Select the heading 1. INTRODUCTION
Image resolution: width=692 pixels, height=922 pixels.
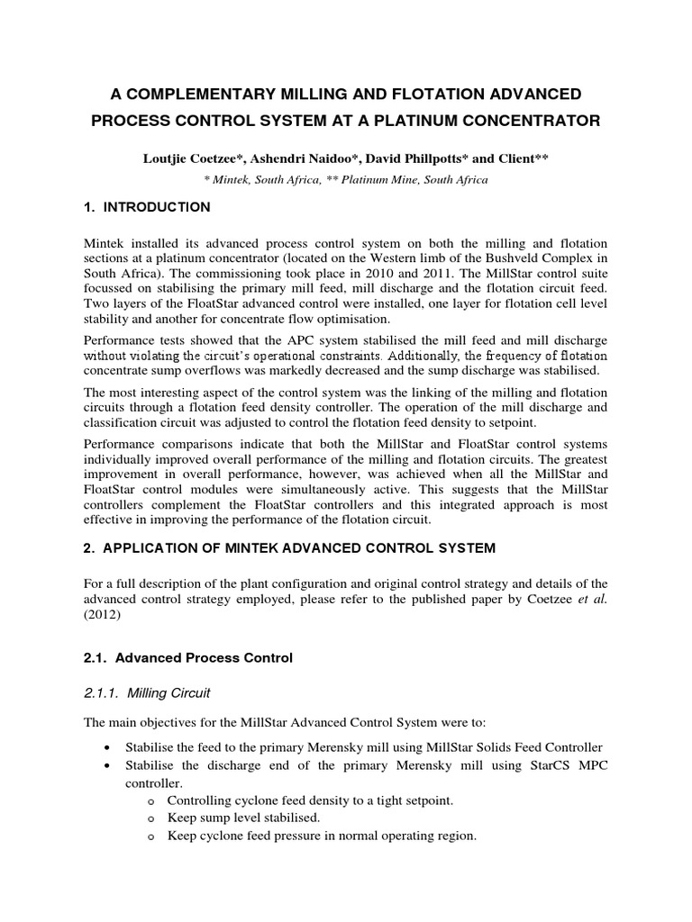coord(147,207)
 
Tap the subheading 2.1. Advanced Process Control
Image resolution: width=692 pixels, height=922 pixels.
coord(187,658)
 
